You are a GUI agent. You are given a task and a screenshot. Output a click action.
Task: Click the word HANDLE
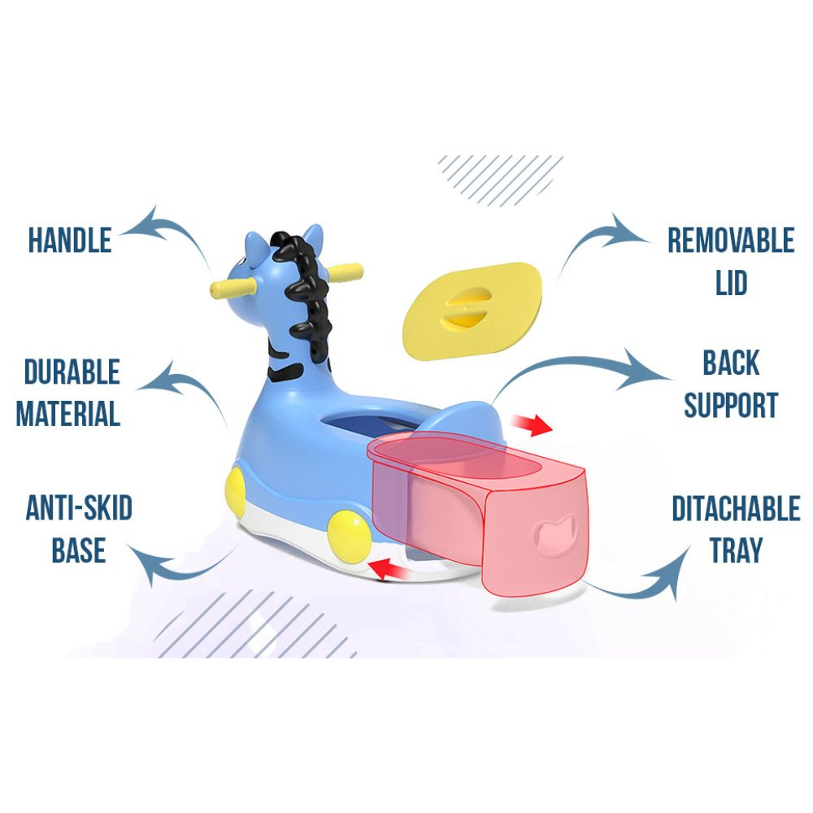tap(69, 240)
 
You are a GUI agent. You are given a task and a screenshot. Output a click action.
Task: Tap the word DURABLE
tap(72, 373)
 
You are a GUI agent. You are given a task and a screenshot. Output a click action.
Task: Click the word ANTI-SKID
tap(78, 510)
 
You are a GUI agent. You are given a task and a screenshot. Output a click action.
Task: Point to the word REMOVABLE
tap(730, 241)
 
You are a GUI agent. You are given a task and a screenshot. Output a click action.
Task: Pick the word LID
tap(731, 283)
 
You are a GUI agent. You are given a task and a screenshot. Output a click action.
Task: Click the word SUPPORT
tap(731, 404)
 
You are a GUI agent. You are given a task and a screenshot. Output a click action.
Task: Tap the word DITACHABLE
tap(735, 509)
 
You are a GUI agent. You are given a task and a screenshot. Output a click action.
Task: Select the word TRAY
tap(736, 550)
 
